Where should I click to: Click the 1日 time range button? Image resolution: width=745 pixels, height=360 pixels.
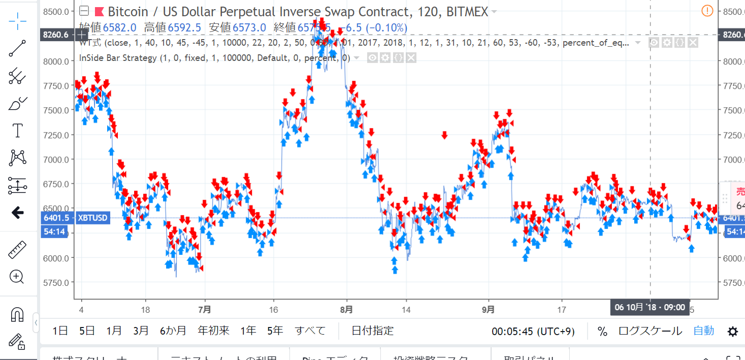pyautogui.click(x=60, y=331)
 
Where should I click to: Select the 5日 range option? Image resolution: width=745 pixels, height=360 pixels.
pyautogui.click(x=87, y=331)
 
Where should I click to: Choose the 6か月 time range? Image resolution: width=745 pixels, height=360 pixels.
pyautogui.click(x=173, y=331)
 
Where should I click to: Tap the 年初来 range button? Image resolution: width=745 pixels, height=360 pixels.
pyautogui.click(x=213, y=331)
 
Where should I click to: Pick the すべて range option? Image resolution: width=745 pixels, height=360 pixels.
pyautogui.click(x=310, y=331)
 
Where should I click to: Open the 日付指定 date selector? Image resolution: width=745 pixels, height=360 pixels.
pyautogui.click(x=372, y=331)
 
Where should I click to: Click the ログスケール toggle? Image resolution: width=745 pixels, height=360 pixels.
pyautogui.click(x=650, y=331)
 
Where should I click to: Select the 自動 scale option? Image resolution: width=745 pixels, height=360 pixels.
pyautogui.click(x=704, y=331)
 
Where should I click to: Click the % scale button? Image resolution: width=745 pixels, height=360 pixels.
pyautogui.click(x=602, y=332)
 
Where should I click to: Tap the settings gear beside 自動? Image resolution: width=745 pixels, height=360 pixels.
pyautogui.click(x=732, y=332)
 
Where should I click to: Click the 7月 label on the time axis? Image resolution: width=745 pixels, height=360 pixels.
pyautogui.click(x=204, y=309)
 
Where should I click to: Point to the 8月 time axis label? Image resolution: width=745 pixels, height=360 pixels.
pyautogui.click(x=346, y=309)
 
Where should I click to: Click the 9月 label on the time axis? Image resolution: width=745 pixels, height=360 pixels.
pyautogui.click(x=489, y=309)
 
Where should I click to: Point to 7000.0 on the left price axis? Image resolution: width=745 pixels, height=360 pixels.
pyautogui.click(x=57, y=159)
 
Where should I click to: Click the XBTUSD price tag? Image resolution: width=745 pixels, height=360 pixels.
pyautogui.click(x=92, y=218)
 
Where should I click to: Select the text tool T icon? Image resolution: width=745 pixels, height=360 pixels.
pyautogui.click(x=18, y=130)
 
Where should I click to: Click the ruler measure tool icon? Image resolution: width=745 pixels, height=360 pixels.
pyautogui.click(x=18, y=250)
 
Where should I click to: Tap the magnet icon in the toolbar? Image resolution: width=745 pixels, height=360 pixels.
pyautogui.click(x=17, y=314)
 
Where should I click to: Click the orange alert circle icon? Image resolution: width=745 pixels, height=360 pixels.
pyautogui.click(x=707, y=11)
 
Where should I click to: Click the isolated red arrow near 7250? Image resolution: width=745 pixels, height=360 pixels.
pyautogui.click(x=444, y=135)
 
